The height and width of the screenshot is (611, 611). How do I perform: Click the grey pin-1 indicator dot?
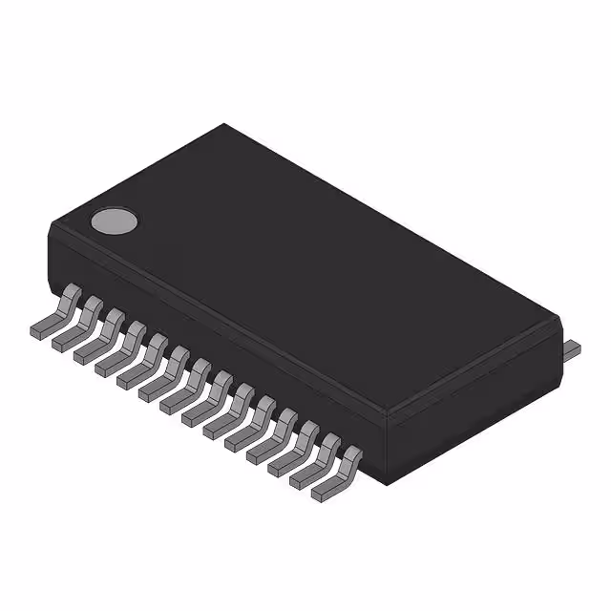click(x=114, y=221)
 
